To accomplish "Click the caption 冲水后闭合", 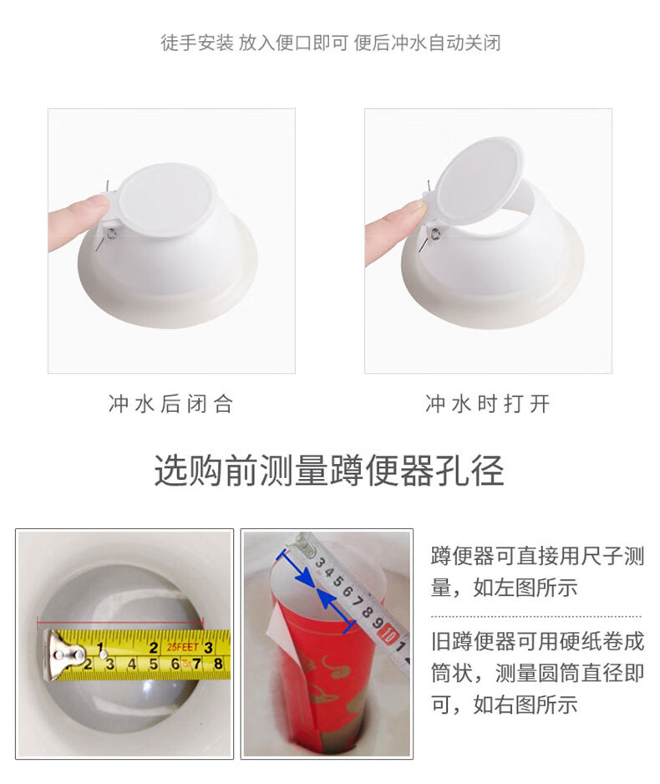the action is (x=171, y=404).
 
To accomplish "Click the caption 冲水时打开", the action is (x=488, y=404).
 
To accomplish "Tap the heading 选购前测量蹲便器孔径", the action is (x=329, y=471).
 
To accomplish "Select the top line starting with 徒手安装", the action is (x=330, y=43).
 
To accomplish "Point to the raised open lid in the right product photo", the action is (x=480, y=181).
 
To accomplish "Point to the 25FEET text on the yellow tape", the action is (x=183, y=647).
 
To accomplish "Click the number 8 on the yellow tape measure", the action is (x=218, y=664).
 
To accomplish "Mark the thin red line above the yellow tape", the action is (x=120, y=622).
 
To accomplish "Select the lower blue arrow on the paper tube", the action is (x=337, y=608).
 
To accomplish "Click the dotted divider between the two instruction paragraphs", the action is (x=536, y=617).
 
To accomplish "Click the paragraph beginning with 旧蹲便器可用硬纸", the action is (x=537, y=673).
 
